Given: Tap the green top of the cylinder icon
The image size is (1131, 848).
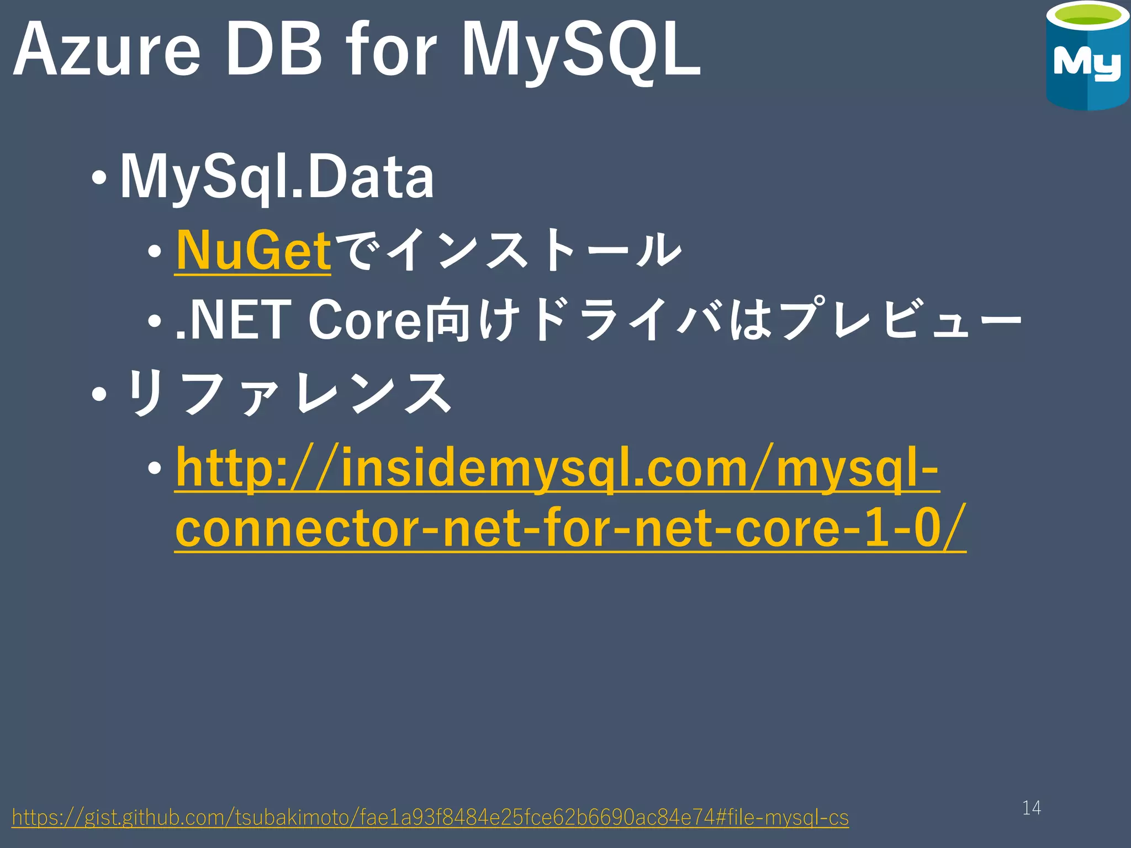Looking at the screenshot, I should tap(1086, 21).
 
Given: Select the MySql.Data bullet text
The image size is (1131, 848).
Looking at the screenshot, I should tap(277, 177).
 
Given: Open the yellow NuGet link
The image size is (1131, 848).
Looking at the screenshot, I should tap(253, 251).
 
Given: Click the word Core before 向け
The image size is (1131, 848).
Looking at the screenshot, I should tap(364, 320).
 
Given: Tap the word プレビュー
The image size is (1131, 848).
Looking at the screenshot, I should tap(900, 320).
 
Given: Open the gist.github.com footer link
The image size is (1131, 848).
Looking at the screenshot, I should tap(430, 817).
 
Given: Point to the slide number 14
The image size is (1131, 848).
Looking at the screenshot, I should tap(1031, 808).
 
